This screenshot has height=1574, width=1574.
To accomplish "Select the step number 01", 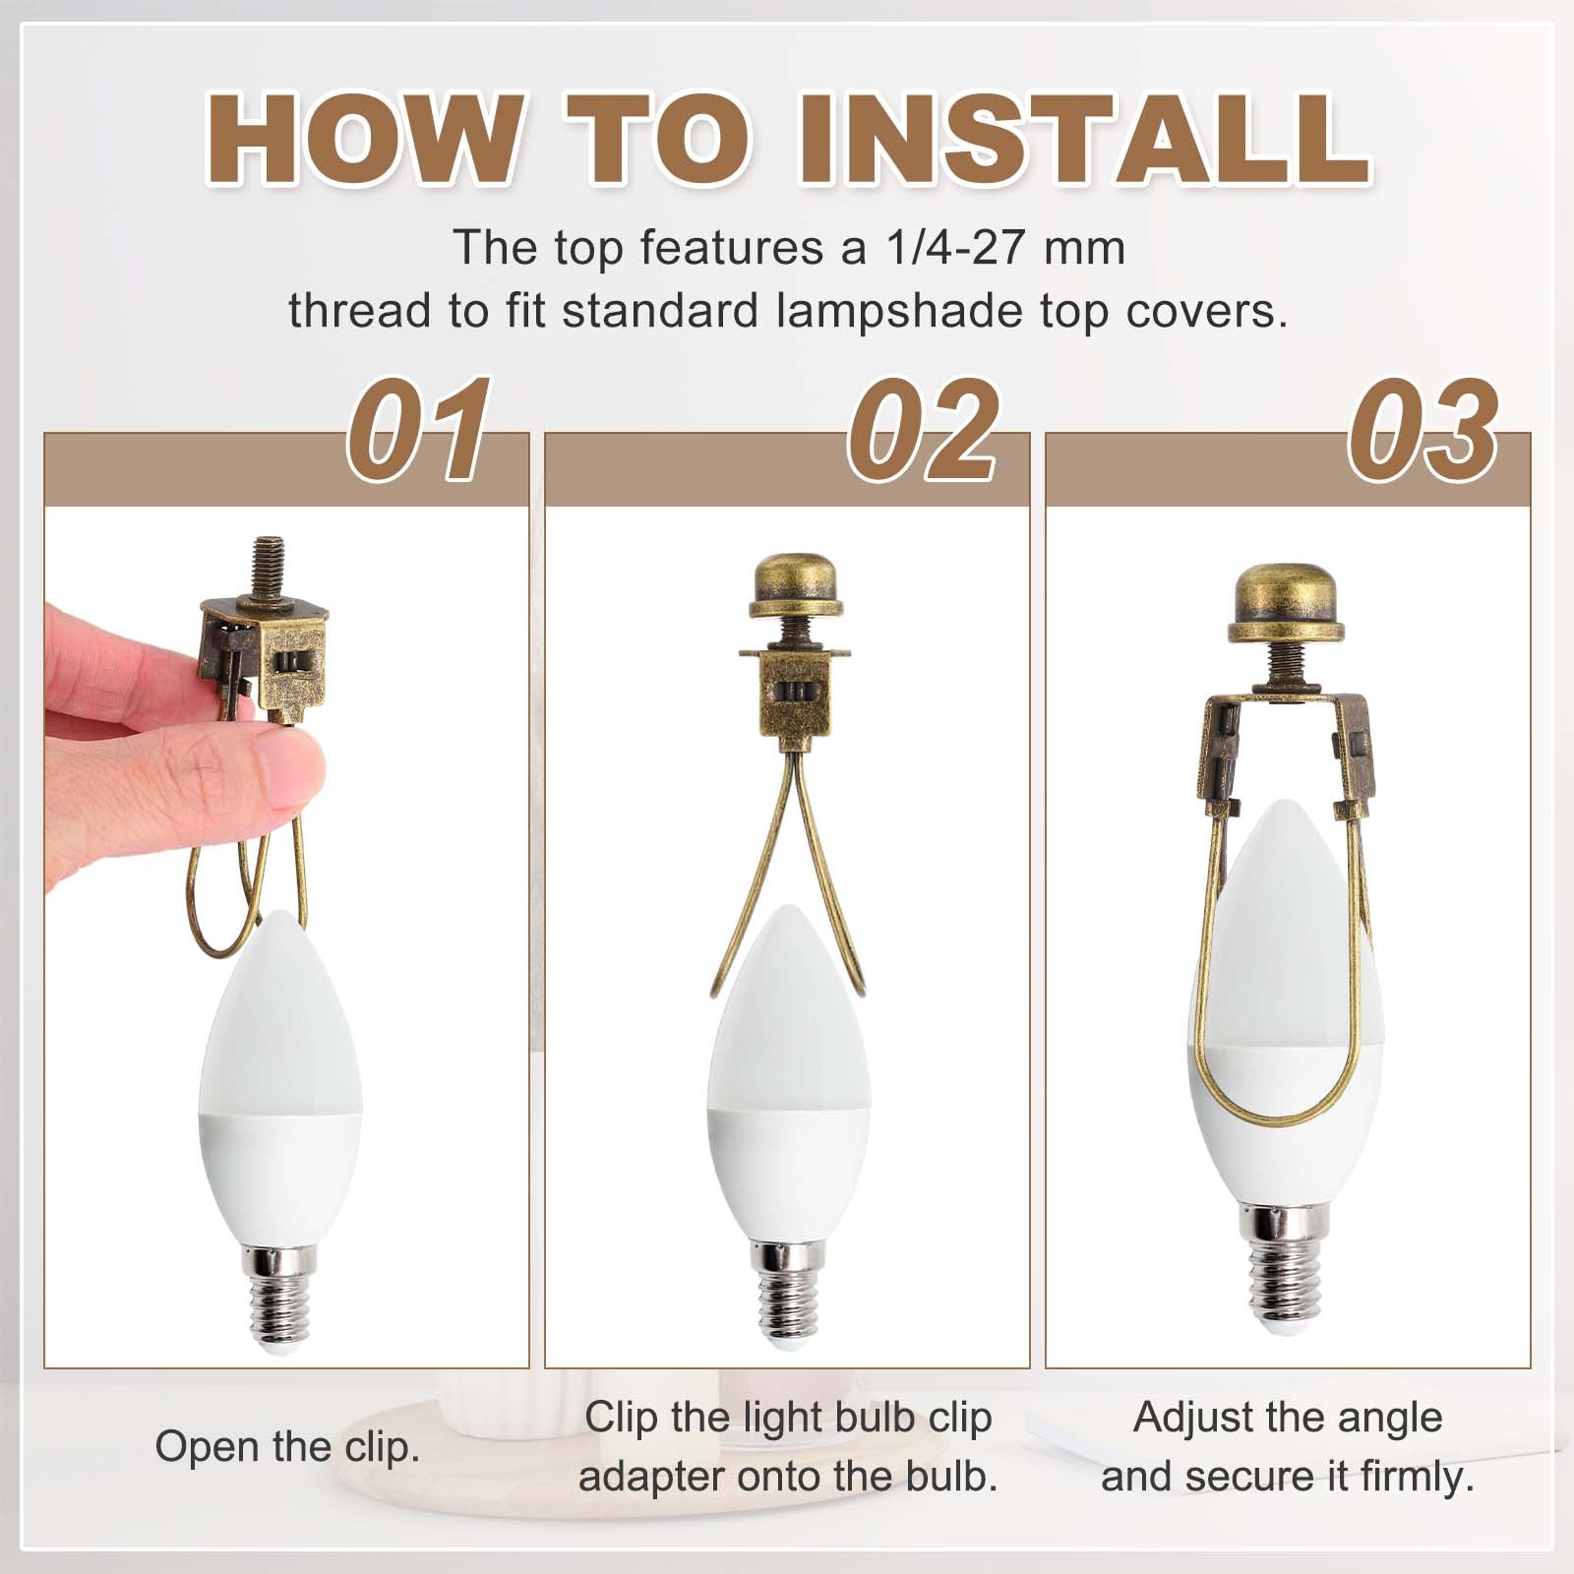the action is [420, 430].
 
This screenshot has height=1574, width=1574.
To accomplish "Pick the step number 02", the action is [925, 430].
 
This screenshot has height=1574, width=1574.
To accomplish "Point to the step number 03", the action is [1423, 430].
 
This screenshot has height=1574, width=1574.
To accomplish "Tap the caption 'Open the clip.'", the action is [287, 1447].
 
